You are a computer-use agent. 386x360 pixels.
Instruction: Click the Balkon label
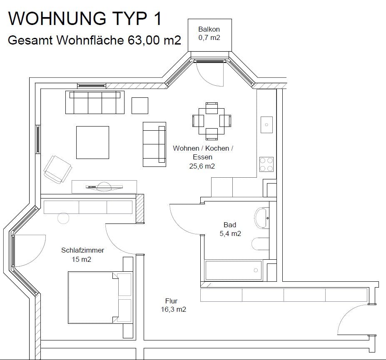(209, 29)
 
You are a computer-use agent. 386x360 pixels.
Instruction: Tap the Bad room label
(230, 225)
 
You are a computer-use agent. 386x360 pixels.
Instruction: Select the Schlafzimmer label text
(83, 250)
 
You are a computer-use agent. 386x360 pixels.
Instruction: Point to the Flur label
(171, 301)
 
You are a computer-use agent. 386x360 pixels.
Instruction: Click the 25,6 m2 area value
(202, 166)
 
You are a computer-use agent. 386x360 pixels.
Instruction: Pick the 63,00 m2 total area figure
(154, 40)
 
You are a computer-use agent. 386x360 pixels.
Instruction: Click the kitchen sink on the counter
(266, 125)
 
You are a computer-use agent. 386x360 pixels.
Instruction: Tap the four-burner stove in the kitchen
(266, 164)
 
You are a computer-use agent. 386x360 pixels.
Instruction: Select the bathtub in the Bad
(233, 271)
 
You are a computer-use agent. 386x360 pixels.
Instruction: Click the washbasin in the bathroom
(261, 218)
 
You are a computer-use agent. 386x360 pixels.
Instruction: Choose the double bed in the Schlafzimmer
(100, 297)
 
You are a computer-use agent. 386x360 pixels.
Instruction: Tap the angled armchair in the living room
(57, 169)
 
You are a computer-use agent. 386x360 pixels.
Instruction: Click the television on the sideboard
(104, 187)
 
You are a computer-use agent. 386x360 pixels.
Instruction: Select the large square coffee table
(92, 142)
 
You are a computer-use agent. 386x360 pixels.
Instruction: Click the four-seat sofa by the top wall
(95, 102)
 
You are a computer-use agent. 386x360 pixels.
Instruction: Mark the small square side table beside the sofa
(140, 106)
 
